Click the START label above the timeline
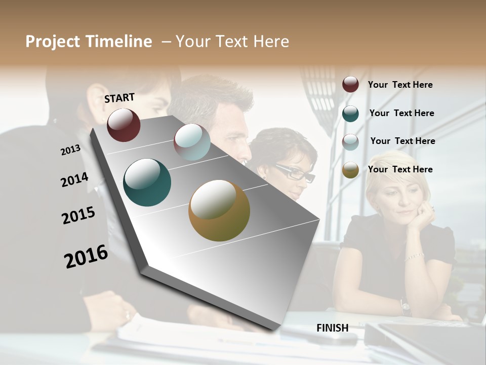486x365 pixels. [119, 98]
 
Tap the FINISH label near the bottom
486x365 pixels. [332, 328]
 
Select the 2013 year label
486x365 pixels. [70, 150]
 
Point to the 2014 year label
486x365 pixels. [74, 180]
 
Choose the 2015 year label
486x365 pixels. [78, 215]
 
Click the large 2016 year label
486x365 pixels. [86, 257]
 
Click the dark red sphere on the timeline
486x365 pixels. [124, 125]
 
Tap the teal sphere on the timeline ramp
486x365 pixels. [147, 182]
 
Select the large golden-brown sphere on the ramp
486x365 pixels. [219, 210]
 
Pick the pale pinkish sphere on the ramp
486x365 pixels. [192, 142]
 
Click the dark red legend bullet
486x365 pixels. [350, 85]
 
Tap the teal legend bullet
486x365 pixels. [350, 114]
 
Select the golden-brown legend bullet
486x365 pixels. [350, 170]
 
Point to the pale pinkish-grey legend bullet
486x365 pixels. [350, 142]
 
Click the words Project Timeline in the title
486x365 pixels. [89, 42]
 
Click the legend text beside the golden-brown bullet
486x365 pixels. [400, 169]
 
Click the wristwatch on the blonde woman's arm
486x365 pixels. [405, 305]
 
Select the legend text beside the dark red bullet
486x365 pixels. [400, 85]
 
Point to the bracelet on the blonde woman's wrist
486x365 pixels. [414, 256]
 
